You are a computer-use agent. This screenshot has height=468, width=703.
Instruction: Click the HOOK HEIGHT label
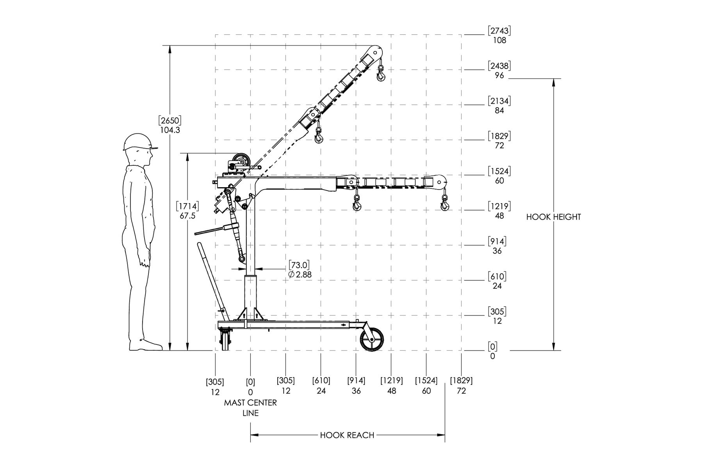pos(553,217)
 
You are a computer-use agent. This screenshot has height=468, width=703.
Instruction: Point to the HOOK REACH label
pos(347,435)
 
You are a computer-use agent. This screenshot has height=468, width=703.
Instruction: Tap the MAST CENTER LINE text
pos(250,408)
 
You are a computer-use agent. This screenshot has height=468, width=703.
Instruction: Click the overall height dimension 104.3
pos(170,130)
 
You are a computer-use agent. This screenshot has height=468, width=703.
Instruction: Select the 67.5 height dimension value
pos(187,216)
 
